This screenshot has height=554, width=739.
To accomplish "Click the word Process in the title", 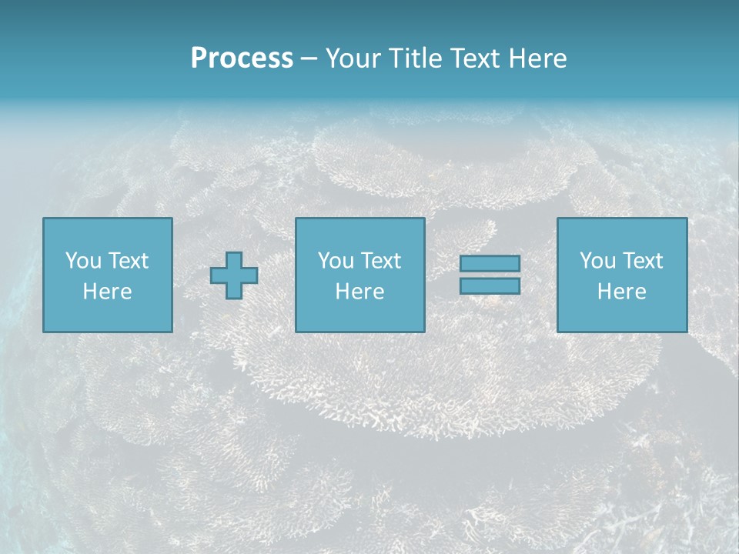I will (x=242, y=58).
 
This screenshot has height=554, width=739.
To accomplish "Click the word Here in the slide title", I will (x=537, y=58).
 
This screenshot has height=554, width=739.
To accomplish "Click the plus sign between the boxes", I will (x=234, y=275).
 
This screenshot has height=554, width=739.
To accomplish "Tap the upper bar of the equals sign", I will (x=490, y=264).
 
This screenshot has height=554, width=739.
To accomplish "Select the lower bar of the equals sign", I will (x=490, y=286).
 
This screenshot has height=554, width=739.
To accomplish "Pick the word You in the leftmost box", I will (x=83, y=261).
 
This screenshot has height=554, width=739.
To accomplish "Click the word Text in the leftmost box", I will (x=128, y=261).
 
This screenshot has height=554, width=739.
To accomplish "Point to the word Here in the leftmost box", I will (x=107, y=292).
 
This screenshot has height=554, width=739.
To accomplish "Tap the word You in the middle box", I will (x=336, y=261).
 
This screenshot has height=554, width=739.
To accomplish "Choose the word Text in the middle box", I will (x=380, y=261).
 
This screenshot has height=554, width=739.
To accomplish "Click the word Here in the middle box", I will (x=359, y=292).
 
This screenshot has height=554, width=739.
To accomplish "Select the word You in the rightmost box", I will (x=597, y=261).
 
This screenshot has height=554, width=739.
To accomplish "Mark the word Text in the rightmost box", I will (x=642, y=261).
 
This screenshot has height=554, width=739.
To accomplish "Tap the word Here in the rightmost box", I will (x=621, y=292).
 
